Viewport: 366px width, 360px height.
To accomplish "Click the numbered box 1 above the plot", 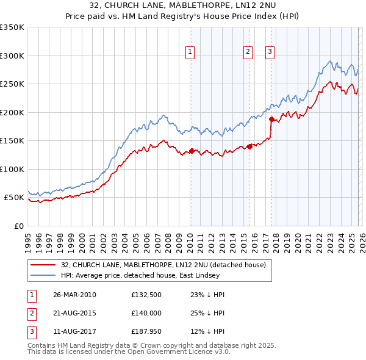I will tap(190, 52).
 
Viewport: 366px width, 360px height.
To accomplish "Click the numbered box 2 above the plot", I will tap(248, 52).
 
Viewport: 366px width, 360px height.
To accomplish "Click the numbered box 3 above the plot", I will tap(270, 52).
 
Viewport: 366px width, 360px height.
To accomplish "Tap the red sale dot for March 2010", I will tap(192, 151).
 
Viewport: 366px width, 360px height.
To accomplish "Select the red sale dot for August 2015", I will tap(249, 146).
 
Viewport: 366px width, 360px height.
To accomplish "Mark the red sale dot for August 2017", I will tap(271, 119).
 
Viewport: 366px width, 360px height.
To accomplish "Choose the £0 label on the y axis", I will tap(20, 226).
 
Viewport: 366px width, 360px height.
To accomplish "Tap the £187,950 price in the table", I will tap(145, 332).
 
